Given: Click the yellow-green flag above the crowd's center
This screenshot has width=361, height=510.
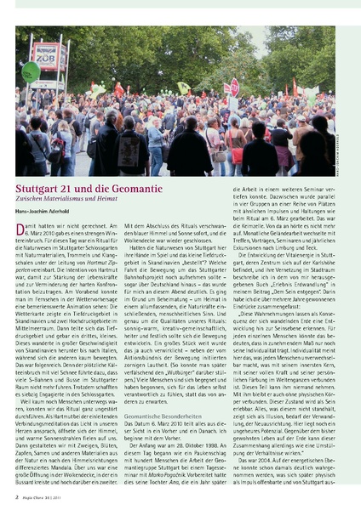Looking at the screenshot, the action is pyautogui.click(x=182, y=88).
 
